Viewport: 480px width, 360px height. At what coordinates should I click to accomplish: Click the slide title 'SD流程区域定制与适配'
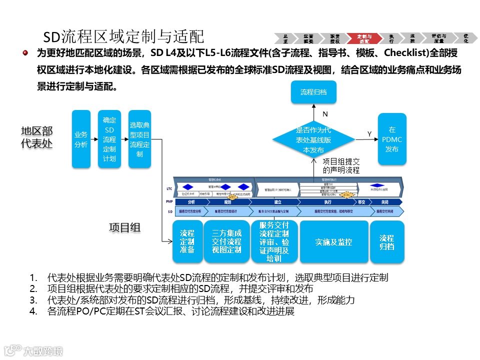[123, 36]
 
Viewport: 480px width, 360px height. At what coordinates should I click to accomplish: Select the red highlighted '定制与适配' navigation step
[364, 38]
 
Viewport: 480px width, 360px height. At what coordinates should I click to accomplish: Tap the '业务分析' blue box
[81, 139]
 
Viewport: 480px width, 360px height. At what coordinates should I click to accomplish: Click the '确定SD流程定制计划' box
[109, 139]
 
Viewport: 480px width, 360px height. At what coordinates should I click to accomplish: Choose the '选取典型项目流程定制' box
[139, 139]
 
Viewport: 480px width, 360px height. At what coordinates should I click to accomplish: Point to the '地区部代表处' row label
[36, 137]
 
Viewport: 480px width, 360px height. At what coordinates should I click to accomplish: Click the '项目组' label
[124, 227]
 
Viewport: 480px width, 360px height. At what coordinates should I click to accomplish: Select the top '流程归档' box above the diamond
[313, 92]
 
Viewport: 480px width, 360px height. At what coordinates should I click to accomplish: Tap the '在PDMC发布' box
[391, 139]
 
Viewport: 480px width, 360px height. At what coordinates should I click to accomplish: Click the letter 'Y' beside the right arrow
[369, 134]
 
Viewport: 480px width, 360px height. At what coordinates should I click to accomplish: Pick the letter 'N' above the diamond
[325, 114]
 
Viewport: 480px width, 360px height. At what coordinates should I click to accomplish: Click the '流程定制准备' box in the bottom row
[187, 241]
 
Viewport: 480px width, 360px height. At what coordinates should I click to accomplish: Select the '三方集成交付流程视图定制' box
[226, 241]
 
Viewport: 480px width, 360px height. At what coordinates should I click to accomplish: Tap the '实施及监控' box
[333, 242]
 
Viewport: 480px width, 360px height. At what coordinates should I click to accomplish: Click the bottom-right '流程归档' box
[386, 242]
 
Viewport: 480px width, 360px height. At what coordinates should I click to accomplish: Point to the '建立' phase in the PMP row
[277, 202]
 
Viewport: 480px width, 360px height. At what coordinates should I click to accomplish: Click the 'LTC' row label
[169, 189]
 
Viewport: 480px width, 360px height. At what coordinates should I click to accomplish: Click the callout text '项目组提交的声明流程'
[341, 165]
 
